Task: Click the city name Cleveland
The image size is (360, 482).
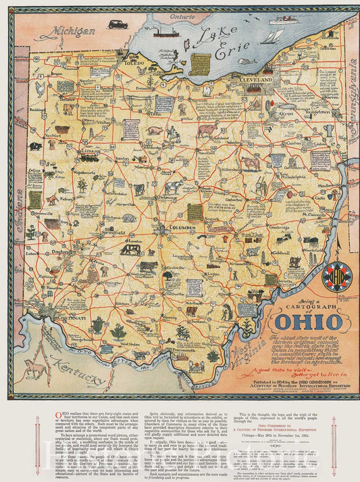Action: (255, 80)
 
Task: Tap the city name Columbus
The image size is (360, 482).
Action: (183, 228)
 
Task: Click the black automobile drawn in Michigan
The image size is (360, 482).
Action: (117, 24)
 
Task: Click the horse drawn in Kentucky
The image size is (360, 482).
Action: (36, 369)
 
